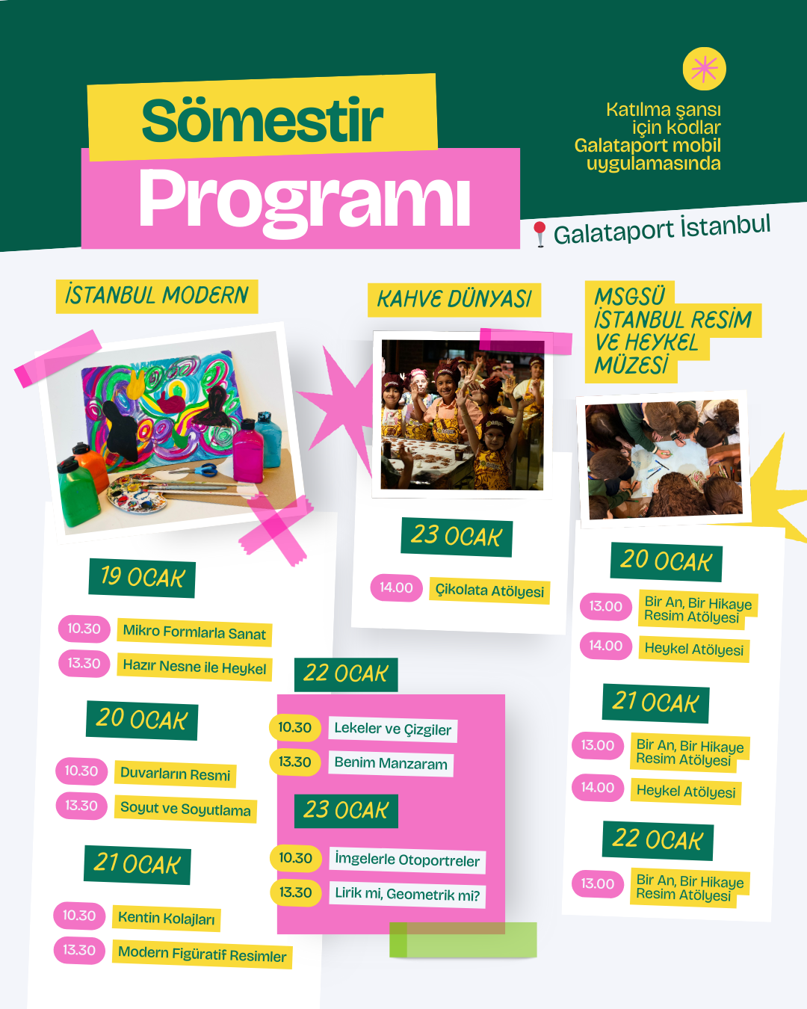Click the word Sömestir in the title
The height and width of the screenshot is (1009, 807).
262,121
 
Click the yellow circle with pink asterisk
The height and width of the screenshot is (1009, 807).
704,69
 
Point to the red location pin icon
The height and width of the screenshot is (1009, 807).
539,233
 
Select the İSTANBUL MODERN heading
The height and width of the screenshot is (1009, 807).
157,296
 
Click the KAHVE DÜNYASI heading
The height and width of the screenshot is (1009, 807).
454,300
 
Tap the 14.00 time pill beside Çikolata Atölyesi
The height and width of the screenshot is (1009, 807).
396,587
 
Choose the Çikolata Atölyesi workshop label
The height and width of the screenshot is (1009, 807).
489,591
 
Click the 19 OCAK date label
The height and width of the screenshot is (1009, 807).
142,578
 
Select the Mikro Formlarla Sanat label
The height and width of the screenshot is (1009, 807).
194,632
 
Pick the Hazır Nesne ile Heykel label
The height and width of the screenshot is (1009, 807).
194,667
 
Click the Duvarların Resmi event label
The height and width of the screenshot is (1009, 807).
175,774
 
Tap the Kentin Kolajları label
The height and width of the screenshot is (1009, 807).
166,919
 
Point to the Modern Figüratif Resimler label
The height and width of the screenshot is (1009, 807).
202,954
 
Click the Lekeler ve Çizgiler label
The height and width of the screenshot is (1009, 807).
392,729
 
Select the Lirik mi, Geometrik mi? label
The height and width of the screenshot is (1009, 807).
407,895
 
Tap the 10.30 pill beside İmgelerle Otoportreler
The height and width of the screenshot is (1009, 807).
295,858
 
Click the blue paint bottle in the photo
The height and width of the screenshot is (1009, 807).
268,437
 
